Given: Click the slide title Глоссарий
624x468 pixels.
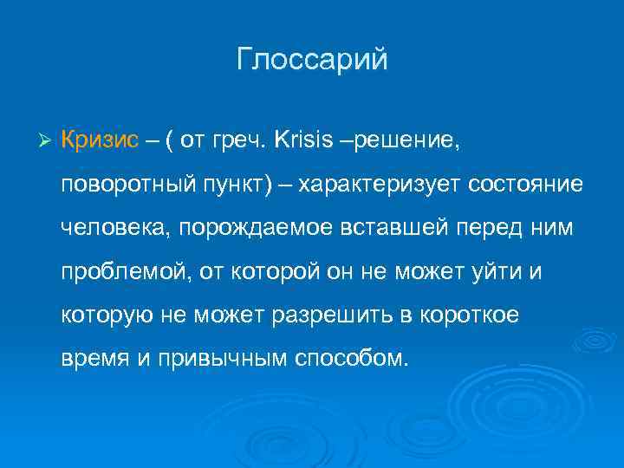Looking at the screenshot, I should [312, 61].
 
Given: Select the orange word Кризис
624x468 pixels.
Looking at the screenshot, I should [100, 140].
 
